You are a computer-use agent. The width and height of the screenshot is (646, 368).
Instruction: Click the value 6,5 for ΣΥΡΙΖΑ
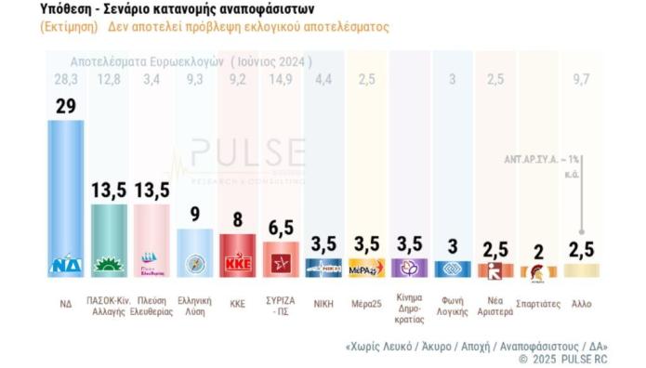coord(281,228)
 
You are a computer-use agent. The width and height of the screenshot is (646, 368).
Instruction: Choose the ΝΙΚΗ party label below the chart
coord(323,303)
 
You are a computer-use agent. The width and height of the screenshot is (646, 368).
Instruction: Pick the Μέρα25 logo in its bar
coord(366,269)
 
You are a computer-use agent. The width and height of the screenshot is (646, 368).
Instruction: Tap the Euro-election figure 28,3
coord(66,80)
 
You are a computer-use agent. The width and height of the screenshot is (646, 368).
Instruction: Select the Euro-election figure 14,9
coord(281,80)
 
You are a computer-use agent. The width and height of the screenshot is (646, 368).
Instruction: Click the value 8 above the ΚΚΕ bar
coord(238,219)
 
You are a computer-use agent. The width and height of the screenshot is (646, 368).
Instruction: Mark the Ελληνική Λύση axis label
coord(195,308)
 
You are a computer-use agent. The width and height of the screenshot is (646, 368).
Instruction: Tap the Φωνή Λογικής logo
coord(453,269)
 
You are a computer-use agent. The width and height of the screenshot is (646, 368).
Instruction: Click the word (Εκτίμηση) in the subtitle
coord(69,27)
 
